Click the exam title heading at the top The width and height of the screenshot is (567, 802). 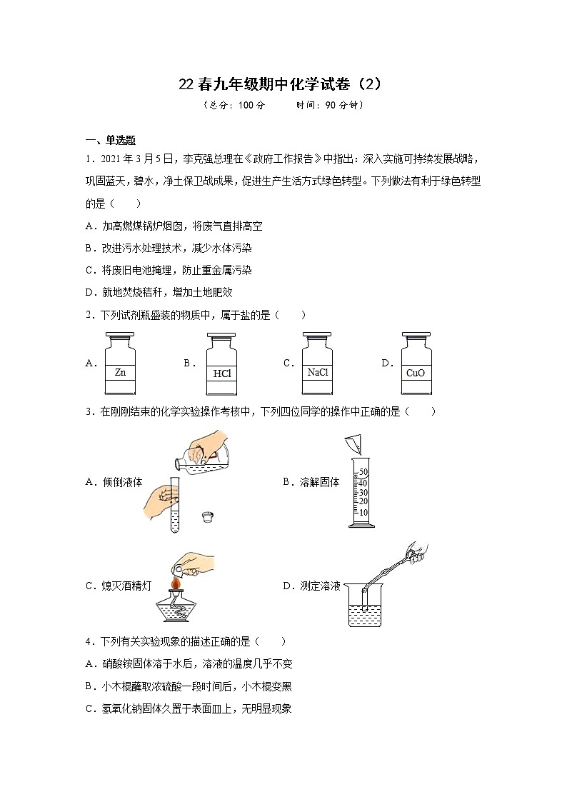(283, 84)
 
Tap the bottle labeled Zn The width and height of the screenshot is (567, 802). (120, 366)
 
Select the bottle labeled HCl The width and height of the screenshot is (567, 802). (221, 366)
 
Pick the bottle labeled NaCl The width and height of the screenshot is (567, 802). (317, 366)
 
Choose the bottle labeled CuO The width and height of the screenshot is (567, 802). (416, 366)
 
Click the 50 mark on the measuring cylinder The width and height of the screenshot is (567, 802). (363, 472)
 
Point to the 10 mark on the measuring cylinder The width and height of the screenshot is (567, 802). (363, 512)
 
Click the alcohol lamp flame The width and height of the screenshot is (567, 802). (175, 586)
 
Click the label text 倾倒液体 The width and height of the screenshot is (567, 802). (119, 482)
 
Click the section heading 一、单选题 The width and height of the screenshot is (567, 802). (111, 140)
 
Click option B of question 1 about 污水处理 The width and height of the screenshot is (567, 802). (168, 248)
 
